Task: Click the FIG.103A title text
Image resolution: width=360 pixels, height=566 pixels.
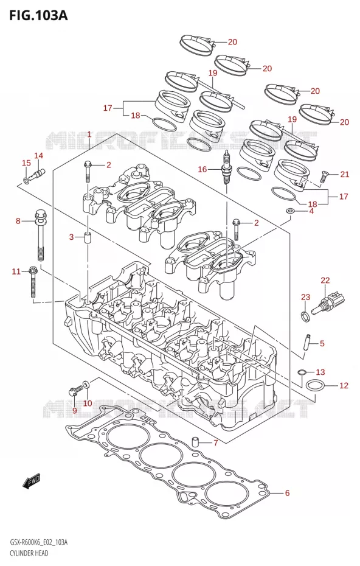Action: point(38,15)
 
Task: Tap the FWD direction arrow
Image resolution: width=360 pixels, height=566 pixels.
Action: point(32,481)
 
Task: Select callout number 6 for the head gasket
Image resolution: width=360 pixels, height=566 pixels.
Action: point(287,493)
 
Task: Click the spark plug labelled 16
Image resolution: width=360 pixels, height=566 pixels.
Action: point(226,168)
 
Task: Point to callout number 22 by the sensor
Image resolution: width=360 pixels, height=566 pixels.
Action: point(325,280)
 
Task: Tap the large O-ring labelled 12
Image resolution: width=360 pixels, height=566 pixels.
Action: point(314,385)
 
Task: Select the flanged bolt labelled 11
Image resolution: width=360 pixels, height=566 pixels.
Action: point(33,282)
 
